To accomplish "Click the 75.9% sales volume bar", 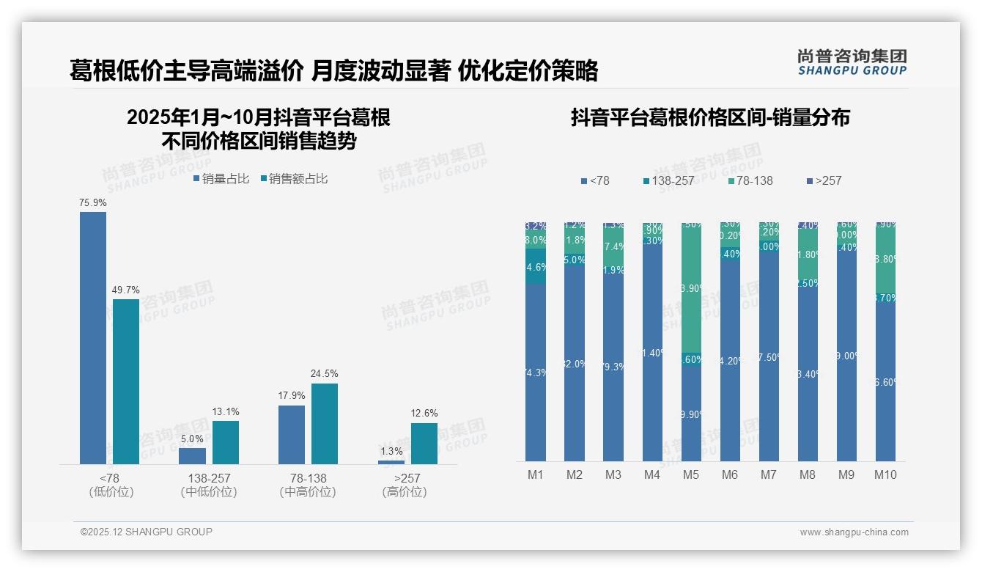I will click(93, 337).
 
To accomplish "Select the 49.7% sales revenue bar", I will click(126, 381).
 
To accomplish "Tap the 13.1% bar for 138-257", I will click(226, 442).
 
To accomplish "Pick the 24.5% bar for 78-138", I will click(325, 423).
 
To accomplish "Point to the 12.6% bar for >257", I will click(424, 443).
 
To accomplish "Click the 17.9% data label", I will click(292, 395).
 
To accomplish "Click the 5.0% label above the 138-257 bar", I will click(192, 439).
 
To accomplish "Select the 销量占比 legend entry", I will click(221, 178).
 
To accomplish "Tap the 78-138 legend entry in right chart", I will click(751, 180).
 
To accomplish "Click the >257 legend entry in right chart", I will click(823, 180).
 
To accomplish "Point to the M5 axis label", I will click(691, 474).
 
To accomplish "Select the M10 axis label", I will click(885, 474).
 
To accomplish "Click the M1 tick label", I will click(536, 474).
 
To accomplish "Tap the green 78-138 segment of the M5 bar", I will click(691, 287).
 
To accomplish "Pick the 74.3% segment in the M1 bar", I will click(536, 373).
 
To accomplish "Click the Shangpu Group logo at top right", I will click(852, 62).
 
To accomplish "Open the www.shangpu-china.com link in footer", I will click(854, 532).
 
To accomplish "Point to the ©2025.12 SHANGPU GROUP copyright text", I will click(147, 532).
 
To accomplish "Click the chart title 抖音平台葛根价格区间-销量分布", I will click(710, 118).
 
